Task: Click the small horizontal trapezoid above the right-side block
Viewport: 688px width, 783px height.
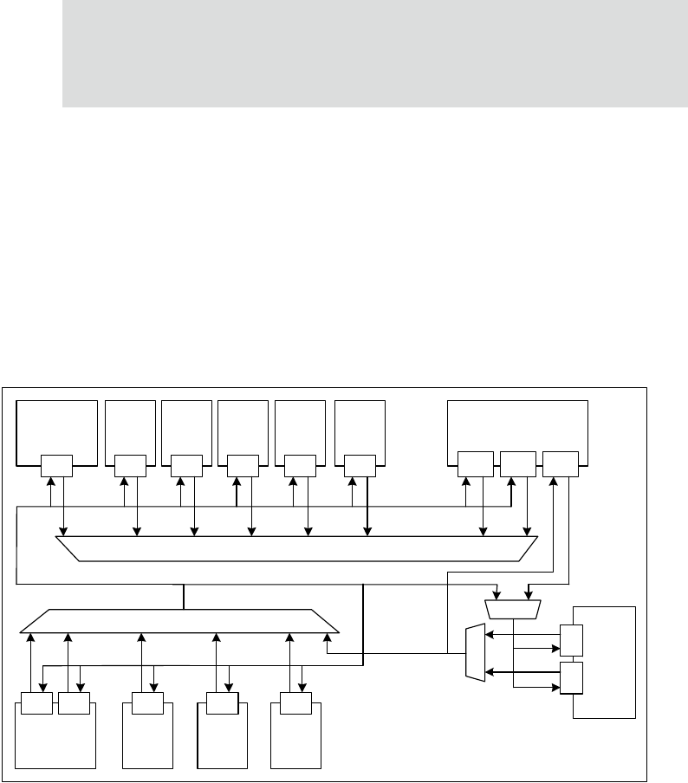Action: pyautogui.click(x=513, y=609)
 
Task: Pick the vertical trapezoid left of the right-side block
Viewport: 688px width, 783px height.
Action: pyautogui.click(x=475, y=652)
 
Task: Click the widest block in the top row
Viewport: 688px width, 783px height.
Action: pyautogui.click(x=516, y=425)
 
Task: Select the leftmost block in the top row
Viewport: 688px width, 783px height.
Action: pyautogui.click(x=57, y=425)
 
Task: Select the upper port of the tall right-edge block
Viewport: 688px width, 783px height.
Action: pyautogui.click(x=571, y=640)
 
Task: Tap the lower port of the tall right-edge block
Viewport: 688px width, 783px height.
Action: pyautogui.click(x=571, y=677)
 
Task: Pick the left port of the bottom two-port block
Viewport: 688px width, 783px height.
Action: pyautogui.click(x=36, y=704)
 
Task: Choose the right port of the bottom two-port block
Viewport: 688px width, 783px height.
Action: pyautogui.click(x=73, y=704)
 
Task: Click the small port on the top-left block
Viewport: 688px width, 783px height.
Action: pyautogui.click(x=56, y=464)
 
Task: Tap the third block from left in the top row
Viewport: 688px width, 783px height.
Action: pyautogui.click(x=186, y=425)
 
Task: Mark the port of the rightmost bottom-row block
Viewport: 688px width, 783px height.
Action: pyautogui.click(x=295, y=704)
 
